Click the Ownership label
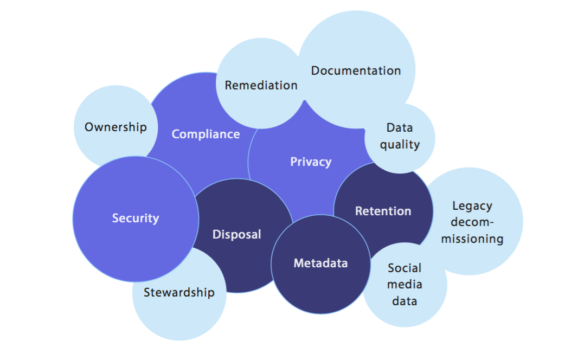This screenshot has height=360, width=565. pos(115,127)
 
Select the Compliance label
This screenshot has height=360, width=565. pos(206,134)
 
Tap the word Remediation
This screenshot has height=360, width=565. pos(261,85)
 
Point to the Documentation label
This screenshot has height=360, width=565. pos(356,70)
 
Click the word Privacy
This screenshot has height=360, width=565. pos(311,162)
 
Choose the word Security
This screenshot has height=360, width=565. pos(136,218)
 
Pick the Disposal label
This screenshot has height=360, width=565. pos(236,234)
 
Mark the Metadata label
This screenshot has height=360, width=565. pos(320,263)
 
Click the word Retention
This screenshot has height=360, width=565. pos(383,211)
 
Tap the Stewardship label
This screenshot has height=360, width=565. pos(179,292)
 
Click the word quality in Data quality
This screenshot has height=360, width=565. pos(400,144)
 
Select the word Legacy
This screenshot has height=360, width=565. pos(472,205)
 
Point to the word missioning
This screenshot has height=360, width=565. pos(472,239)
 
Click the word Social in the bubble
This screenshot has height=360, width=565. pos(405,268)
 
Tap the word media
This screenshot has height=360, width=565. pos(405,284)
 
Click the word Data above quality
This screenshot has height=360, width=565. pos(400,128)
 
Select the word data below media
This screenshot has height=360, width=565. pos(405,300)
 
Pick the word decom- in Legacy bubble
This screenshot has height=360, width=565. pos(472,222)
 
